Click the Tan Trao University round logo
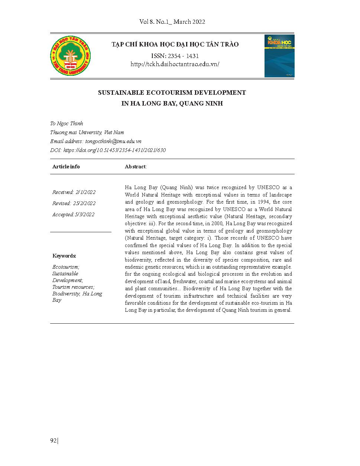pyautogui.click(x=71, y=56)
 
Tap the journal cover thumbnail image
pyautogui.click(x=279, y=56)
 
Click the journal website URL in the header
pyautogui.click(x=175, y=64)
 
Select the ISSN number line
pyautogui.click(x=175, y=56)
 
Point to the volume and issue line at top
pyautogui.click(x=172, y=22)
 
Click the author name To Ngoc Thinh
pyautogui.click(x=67, y=123)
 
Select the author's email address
pyautogui.click(x=113, y=141)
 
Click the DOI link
pyautogui.click(x=114, y=150)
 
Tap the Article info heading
pyautogui.click(x=66, y=166)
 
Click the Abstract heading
pyautogui.click(x=136, y=166)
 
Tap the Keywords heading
pyautogui.click(x=64, y=256)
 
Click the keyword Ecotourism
pyautogui.click(x=66, y=267)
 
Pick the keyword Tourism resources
pyautogui.click(x=73, y=287)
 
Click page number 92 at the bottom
pyautogui.click(x=53, y=441)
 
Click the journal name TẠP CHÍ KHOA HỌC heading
pyautogui.click(x=175, y=45)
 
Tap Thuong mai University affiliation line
pyautogui.click(x=87, y=132)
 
